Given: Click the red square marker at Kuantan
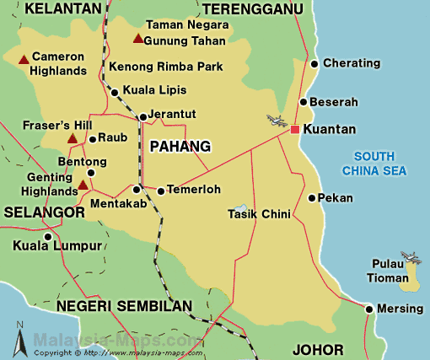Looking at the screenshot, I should point(294,129).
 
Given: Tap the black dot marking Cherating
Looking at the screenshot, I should point(314,63).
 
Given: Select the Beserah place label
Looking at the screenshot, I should point(335,102).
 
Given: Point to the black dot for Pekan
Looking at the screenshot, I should point(312,198).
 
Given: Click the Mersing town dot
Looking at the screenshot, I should point(368,309).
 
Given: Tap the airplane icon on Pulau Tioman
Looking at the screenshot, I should point(410,256).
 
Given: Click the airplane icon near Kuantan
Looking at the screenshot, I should point(276,121).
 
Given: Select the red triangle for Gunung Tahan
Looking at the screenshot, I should point(137,39).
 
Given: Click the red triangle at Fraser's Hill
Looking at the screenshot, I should point(73,138).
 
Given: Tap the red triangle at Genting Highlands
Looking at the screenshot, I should point(82,185).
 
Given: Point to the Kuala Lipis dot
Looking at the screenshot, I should point(115,90).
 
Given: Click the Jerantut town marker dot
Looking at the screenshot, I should point(142,116).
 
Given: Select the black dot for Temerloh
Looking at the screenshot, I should point(160,190).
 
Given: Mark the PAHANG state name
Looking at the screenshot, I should point(179,147).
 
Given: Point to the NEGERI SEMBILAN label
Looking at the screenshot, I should point(124,305).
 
